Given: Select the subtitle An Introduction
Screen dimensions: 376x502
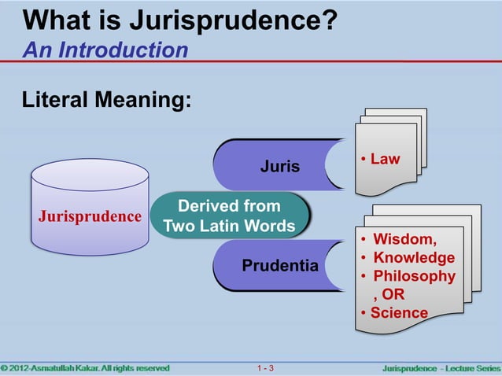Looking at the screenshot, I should (x=105, y=50).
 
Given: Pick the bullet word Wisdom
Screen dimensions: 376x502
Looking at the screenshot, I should (x=404, y=239).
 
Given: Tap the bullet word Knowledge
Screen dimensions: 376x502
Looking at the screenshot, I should (x=414, y=258).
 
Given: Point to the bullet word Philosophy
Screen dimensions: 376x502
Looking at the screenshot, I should (x=414, y=276).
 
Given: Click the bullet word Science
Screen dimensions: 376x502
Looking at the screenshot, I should (x=399, y=313).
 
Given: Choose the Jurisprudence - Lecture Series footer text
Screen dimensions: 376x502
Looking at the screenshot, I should (x=441, y=368).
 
